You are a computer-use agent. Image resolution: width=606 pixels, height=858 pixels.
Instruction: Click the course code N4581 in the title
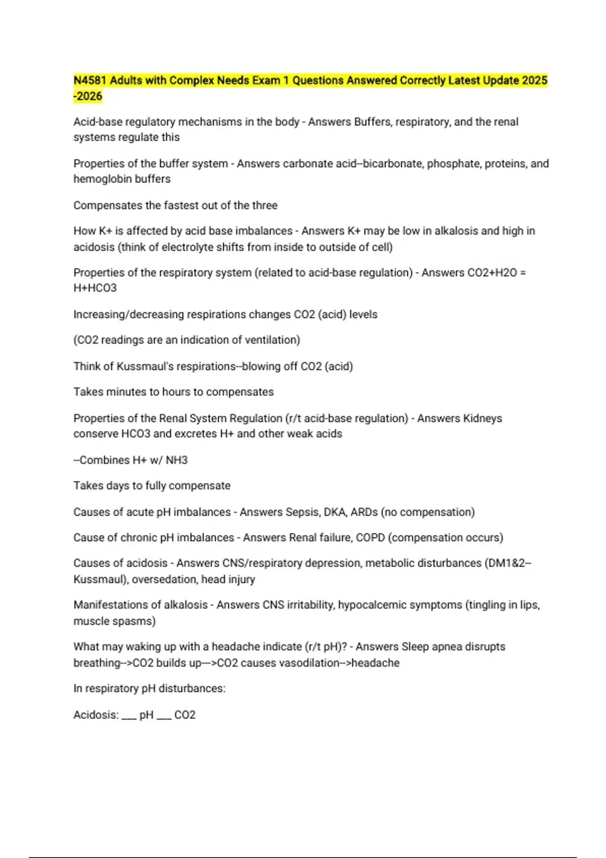(90, 81)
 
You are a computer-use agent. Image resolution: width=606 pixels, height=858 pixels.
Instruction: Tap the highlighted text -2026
(88, 96)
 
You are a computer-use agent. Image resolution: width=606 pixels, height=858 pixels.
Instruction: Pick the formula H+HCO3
(95, 288)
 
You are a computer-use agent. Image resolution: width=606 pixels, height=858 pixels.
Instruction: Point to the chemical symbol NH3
(177, 460)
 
